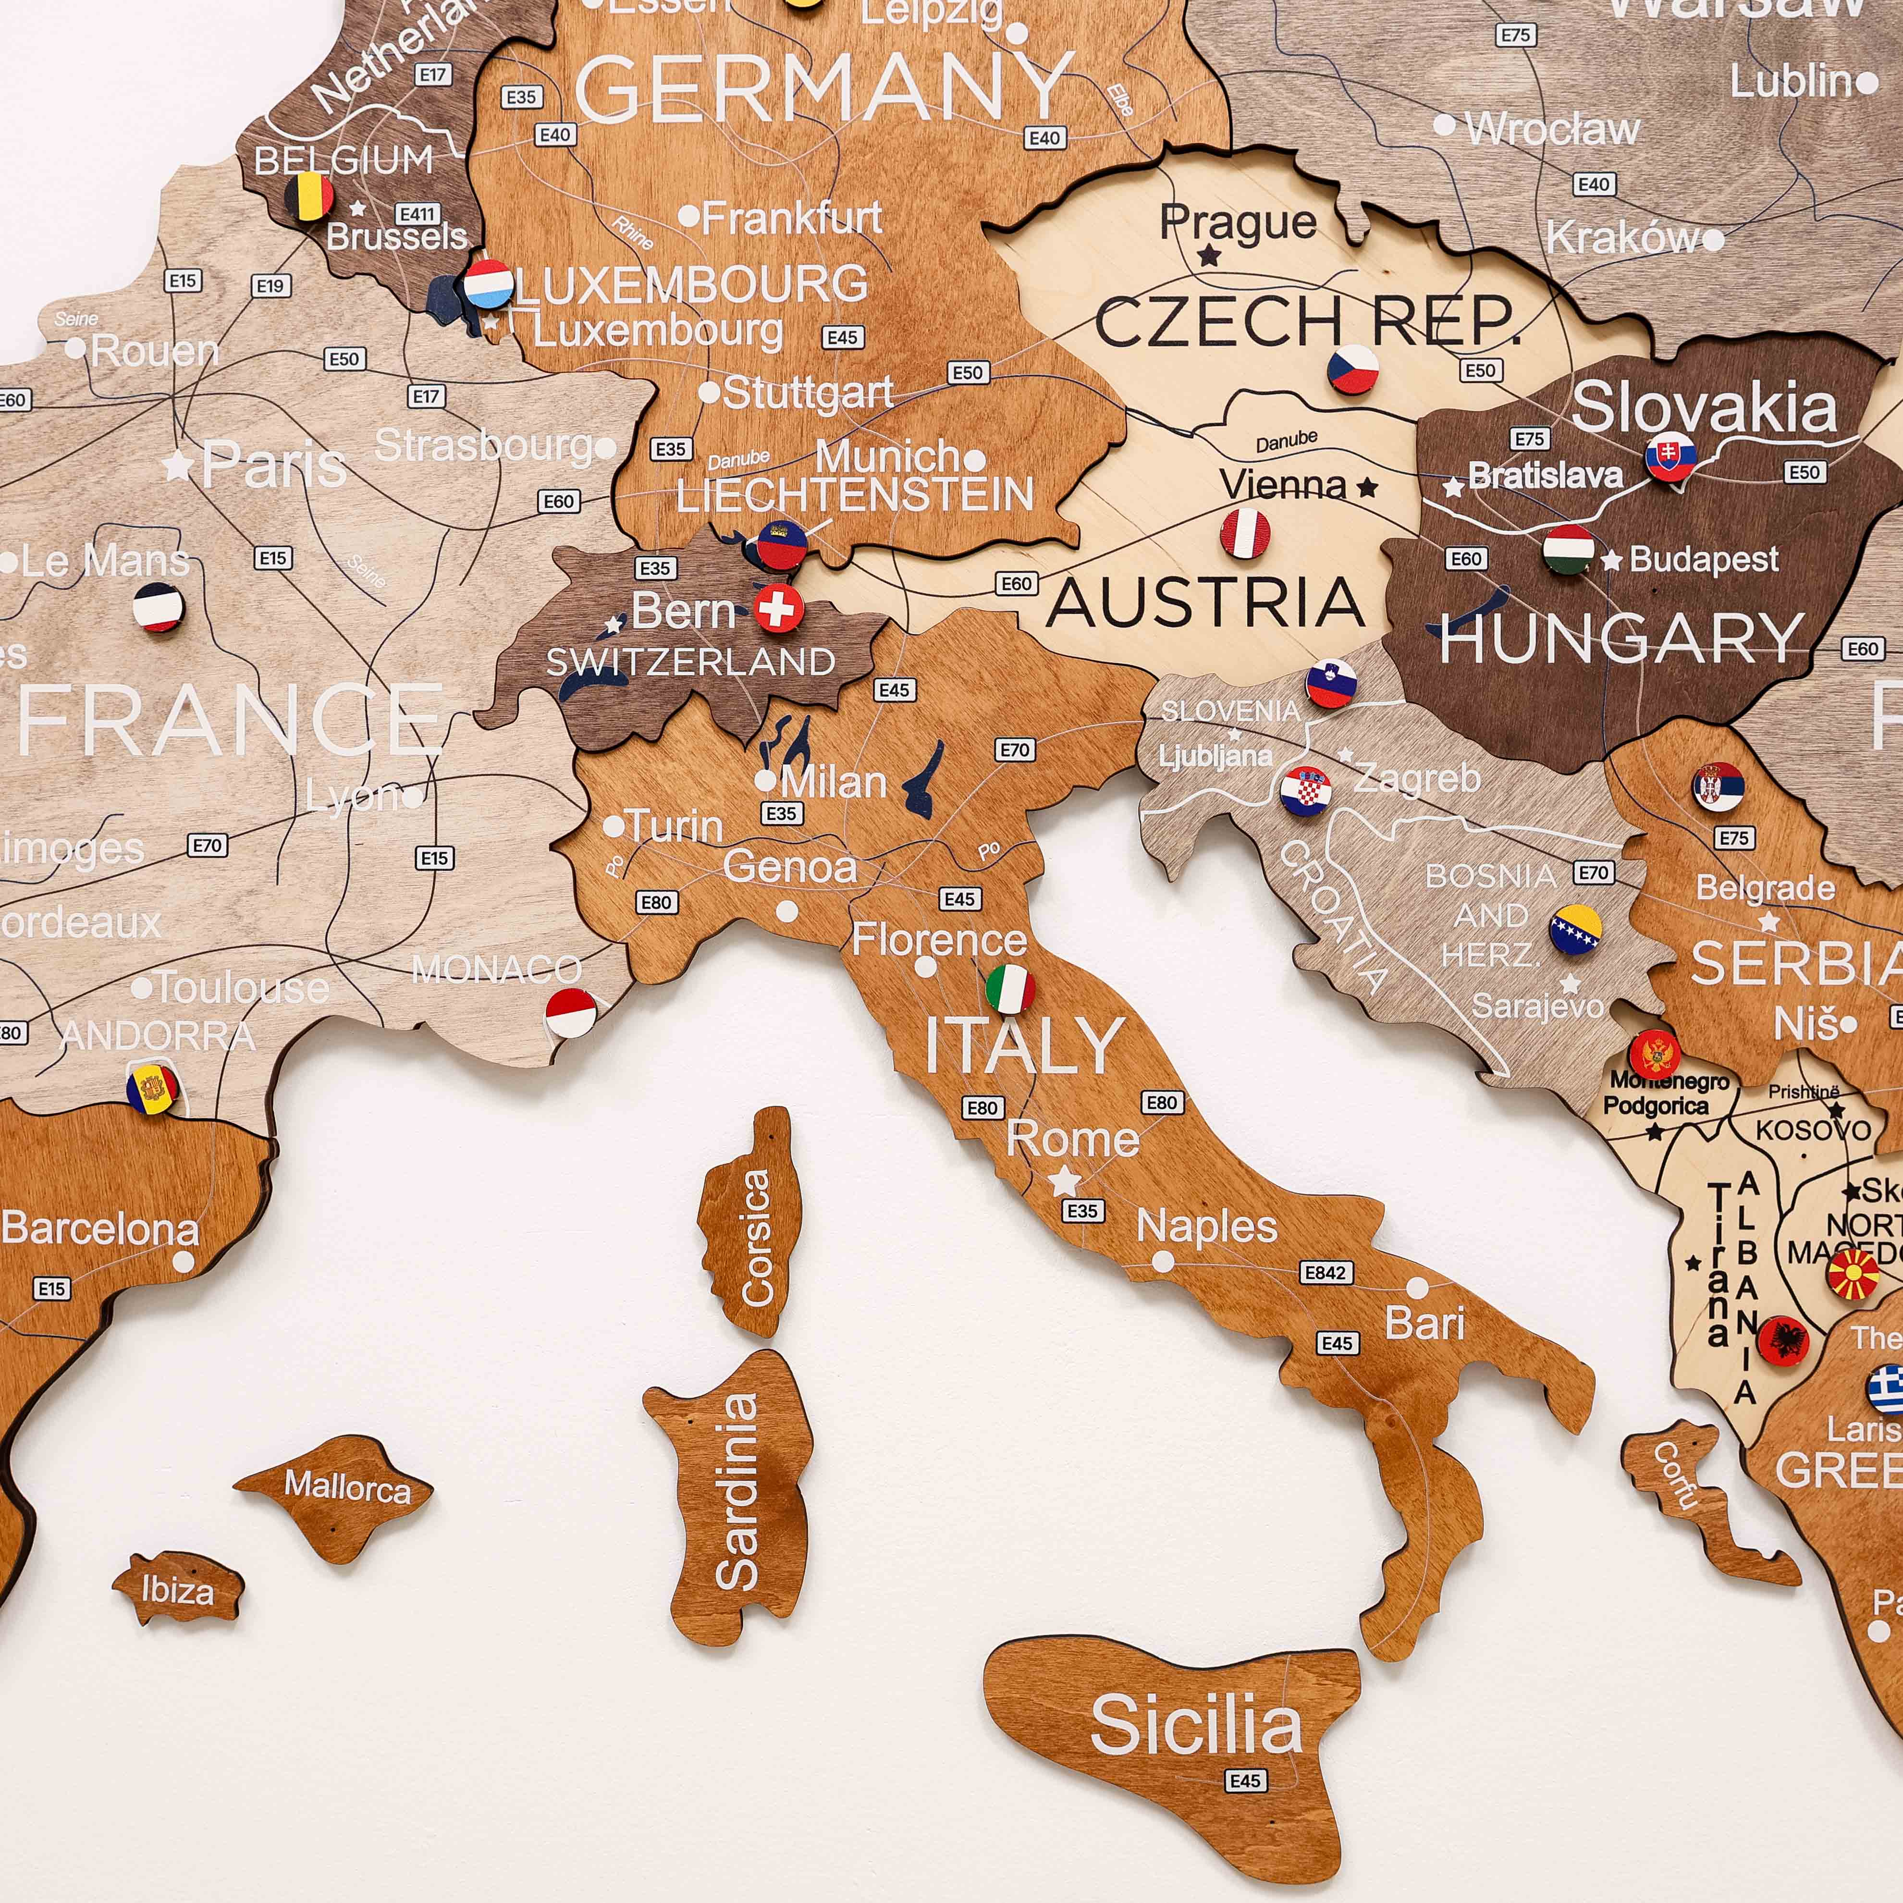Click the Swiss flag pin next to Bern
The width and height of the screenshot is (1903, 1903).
778,609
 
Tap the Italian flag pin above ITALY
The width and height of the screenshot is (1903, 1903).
1009,989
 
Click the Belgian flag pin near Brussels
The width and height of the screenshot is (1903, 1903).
308,197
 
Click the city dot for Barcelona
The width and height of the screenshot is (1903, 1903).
183,1261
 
